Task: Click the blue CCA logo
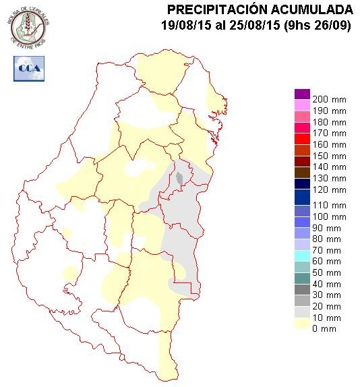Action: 29,68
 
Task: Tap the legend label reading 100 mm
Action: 330,216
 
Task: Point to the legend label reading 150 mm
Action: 330,156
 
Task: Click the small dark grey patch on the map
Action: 180,179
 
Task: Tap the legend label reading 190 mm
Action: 330,110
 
